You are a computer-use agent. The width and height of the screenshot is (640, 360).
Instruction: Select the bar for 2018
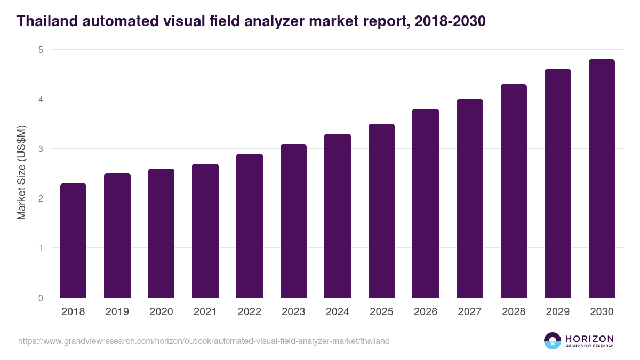click(73, 241)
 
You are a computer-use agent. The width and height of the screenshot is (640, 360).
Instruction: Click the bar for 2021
click(205, 230)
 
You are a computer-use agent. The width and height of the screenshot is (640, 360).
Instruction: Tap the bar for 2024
click(338, 215)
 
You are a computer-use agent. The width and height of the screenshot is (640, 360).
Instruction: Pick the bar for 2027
click(470, 198)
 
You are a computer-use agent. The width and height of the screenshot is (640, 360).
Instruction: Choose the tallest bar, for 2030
click(602, 178)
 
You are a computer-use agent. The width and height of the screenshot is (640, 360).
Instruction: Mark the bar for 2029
click(558, 183)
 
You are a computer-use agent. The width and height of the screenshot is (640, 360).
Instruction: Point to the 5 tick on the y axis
click(40, 50)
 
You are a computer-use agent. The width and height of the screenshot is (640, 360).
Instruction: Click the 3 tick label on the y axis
click(40, 149)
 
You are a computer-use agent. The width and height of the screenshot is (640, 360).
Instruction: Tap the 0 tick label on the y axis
click(40, 298)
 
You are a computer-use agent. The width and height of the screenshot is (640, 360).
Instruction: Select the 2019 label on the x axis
click(117, 312)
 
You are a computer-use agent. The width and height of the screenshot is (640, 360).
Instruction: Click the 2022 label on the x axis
click(249, 312)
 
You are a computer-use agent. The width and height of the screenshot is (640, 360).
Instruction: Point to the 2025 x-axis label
click(381, 312)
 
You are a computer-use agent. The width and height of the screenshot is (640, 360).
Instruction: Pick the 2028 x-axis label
click(514, 312)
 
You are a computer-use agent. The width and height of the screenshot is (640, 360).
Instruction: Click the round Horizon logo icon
click(552, 341)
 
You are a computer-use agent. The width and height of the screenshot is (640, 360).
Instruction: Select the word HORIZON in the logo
click(589, 338)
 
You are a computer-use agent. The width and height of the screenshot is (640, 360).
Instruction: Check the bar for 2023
click(293, 221)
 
